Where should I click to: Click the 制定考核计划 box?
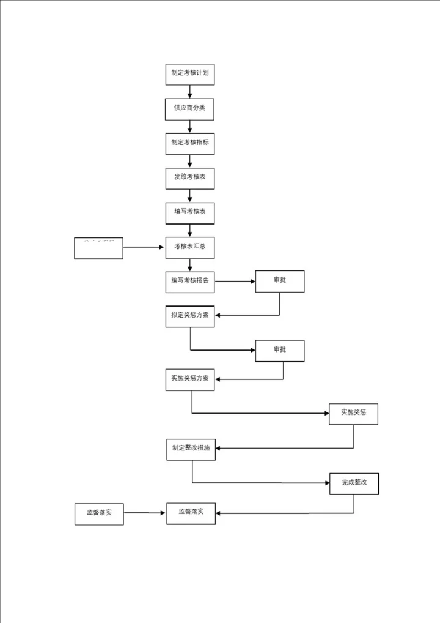coord(189,73)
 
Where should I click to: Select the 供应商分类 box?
coord(189,108)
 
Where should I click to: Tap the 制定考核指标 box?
coord(189,143)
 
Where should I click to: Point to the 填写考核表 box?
coord(189,212)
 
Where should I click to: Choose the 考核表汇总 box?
coord(189,247)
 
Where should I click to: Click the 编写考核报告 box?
coord(189,282)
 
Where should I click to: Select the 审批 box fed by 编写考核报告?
coord(279,281)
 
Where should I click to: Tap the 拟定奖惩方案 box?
coord(189,316)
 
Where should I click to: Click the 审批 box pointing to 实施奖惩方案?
coord(279,351)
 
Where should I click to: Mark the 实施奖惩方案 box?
coord(189,379)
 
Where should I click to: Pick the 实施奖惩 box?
coord(353,414)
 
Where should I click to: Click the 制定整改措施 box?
coord(191,449)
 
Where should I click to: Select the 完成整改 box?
coord(354,483)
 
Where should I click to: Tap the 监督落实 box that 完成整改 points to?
coord(191,513)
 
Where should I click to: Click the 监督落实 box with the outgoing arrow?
coord(99,513)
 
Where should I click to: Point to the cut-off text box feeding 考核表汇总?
coord(98,248)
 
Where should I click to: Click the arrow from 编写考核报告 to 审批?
coord(235,282)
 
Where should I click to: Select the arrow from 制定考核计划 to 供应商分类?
coord(190,91)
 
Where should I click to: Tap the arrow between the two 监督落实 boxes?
coord(145,513)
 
